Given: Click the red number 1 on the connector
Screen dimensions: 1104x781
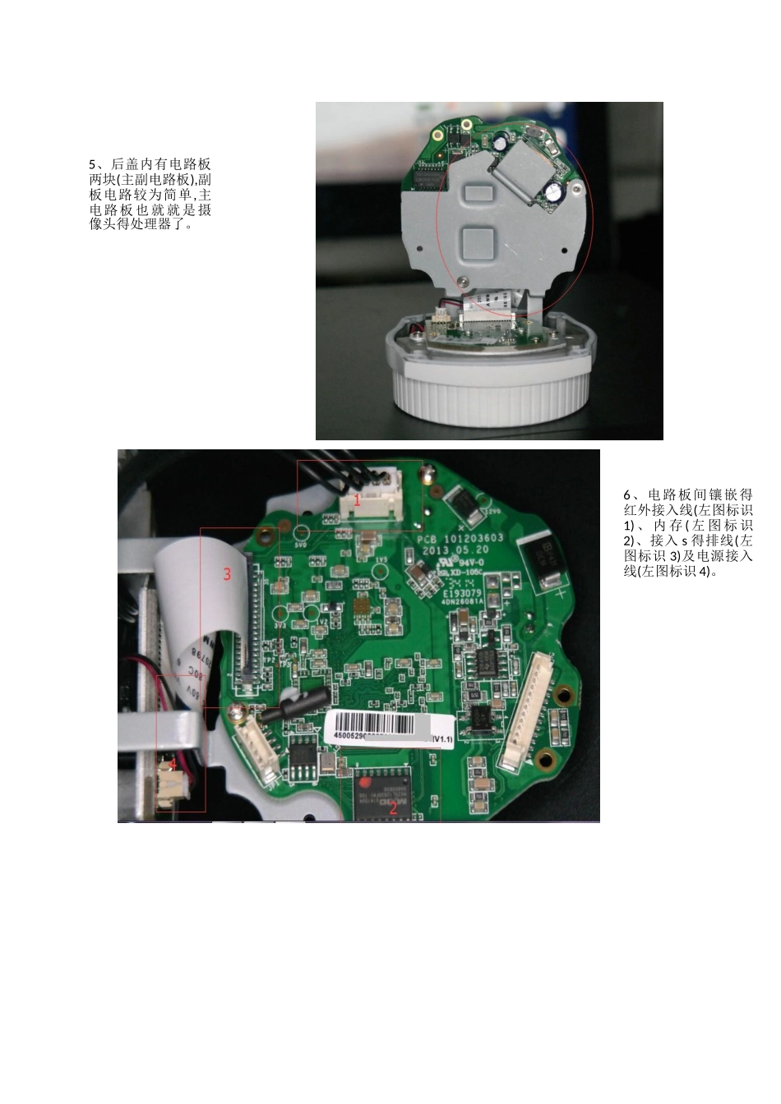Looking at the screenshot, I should coord(358,499).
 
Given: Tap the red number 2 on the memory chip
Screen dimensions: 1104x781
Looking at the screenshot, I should coord(393,807).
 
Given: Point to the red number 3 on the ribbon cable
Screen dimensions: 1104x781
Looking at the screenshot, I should coord(228,574).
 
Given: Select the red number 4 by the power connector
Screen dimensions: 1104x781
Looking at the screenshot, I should coord(173,764).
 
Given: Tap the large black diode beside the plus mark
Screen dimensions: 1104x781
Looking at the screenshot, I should coord(543,560).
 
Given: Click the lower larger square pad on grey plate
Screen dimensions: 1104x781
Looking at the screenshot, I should coord(477,244).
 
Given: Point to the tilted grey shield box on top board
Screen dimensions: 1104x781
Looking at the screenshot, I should coord(523,170).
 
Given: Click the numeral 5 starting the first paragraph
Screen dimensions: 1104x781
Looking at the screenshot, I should coord(93,164).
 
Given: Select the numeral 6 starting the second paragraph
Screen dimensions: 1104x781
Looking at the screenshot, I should coord(626,494).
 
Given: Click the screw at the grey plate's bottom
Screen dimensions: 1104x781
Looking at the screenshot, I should coord(466,281).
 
